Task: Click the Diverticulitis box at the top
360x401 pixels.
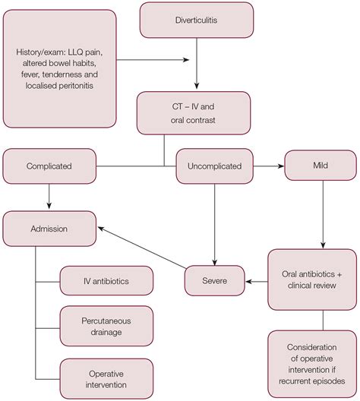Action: coord(197,21)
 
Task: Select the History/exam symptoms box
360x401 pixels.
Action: coord(59,68)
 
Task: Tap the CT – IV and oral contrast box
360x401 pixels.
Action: coord(194,113)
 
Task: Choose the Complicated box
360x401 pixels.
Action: coord(49,166)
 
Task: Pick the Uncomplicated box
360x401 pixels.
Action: coord(214,166)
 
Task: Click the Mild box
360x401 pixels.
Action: coord(321,166)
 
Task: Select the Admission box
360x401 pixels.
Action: coord(49,229)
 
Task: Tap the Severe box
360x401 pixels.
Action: coord(214,280)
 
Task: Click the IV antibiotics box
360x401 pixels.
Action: coord(106,281)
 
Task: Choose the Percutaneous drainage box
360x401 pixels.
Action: coord(106,326)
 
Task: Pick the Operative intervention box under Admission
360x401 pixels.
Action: coord(106,379)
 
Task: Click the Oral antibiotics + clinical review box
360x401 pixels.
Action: coord(312,279)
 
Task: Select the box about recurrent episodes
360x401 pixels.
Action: coord(312,365)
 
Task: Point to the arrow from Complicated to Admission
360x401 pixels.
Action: coord(49,196)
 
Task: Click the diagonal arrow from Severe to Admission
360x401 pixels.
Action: coord(142,248)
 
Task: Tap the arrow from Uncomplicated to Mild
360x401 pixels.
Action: coord(268,166)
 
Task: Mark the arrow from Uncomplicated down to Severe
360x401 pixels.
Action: coord(214,225)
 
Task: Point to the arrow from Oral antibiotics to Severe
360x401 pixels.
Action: coord(257,282)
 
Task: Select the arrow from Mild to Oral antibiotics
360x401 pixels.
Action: coord(323,214)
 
